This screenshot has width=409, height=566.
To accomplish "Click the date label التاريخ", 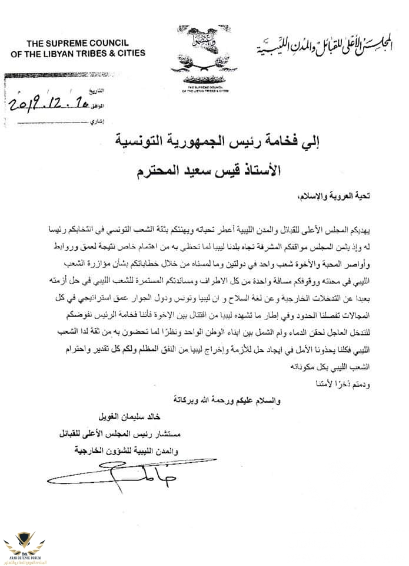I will [x=96, y=92].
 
